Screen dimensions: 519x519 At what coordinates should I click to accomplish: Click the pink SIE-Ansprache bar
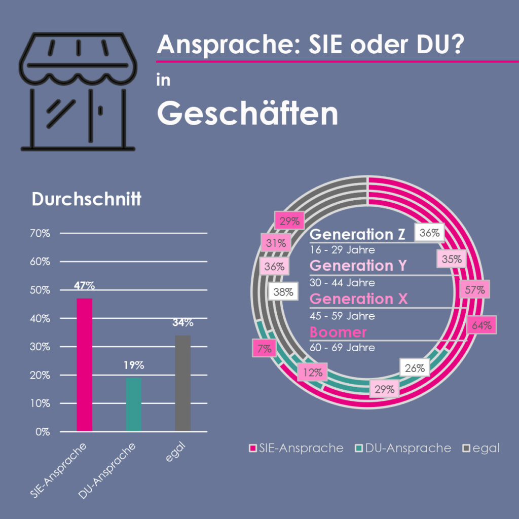84,365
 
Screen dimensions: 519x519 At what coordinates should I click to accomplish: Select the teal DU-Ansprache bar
134,404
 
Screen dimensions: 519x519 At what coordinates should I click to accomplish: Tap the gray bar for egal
183,383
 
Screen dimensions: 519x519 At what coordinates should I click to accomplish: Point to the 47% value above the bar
84,285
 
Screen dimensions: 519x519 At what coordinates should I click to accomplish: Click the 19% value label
134,365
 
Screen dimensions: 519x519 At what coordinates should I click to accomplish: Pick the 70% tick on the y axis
40,234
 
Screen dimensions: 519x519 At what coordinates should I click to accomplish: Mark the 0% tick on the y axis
43,432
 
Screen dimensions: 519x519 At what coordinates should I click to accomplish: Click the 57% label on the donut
475,290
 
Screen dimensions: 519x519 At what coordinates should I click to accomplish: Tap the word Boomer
338,332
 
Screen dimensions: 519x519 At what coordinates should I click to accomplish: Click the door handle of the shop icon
101,110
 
